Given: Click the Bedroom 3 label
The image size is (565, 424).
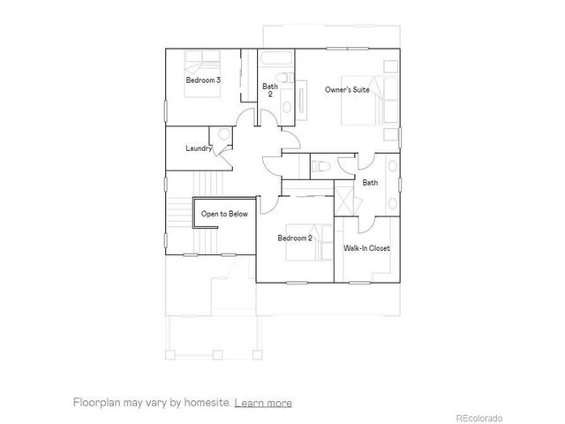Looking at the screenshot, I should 203,80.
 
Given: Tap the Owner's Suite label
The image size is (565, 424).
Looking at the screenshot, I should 347,89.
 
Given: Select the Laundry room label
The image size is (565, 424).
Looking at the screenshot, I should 199,148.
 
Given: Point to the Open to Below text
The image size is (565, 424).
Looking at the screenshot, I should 224,214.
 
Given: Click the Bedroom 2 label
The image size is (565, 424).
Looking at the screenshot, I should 295,238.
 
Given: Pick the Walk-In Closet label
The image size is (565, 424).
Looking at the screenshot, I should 366,248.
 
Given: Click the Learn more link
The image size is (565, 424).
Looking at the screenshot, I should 263,403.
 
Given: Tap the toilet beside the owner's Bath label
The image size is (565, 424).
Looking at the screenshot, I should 321,165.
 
